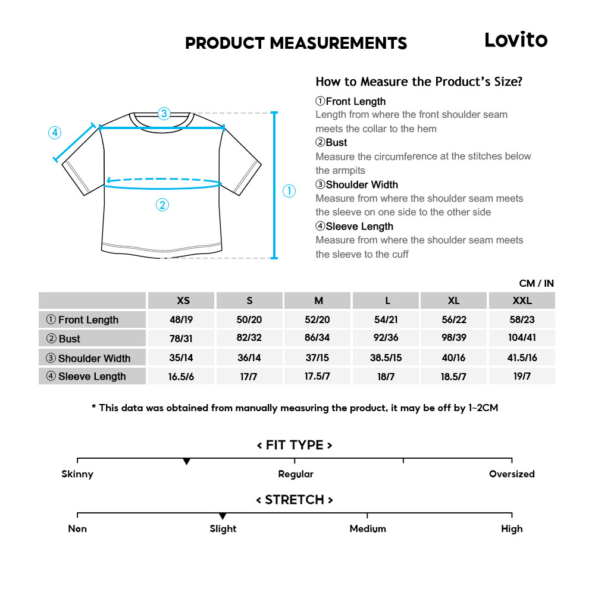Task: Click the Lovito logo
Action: (515, 40)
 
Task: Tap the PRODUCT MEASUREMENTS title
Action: (296, 43)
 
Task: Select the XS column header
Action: (183, 300)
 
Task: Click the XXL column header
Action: (522, 300)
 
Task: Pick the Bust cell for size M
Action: (317, 339)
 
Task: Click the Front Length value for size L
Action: (386, 320)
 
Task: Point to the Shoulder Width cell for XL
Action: (453, 358)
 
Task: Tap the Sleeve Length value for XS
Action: (181, 377)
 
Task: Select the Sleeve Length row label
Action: (92, 377)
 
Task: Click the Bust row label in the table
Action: (69, 339)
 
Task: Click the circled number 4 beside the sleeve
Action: (55, 133)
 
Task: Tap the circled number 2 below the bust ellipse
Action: (162, 205)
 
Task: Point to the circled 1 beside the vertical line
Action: (289, 191)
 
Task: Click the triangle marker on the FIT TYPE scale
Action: (186, 462)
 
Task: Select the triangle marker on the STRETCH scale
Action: (223, 516)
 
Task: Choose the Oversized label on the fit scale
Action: (512, 474)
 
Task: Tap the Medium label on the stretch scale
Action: (368, 529)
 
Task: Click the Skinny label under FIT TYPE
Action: (77, 474)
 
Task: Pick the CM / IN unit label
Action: (536, 283)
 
